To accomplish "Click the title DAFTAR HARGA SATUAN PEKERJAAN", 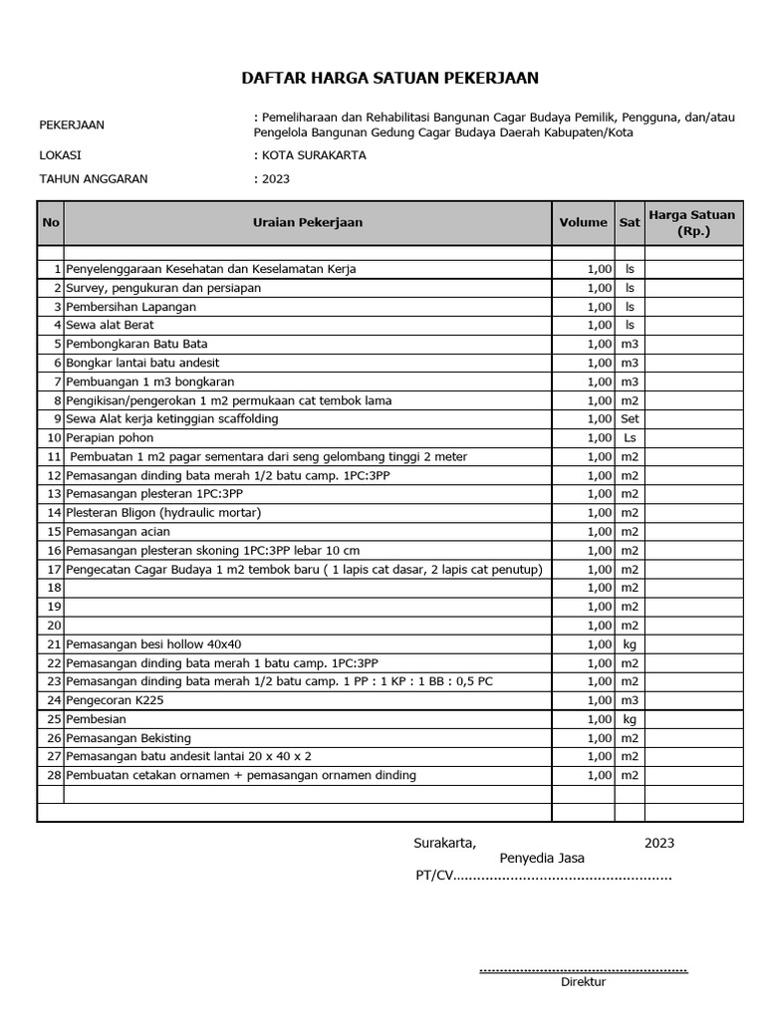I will pyautogui.click(x=390, y=79).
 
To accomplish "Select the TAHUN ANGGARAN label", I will pyautogui.click(x=93, y=179).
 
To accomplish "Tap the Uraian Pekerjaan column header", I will pyautogui.click(x=308, y=222).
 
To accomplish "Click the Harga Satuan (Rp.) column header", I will pyautogui.click(x=692, y=222).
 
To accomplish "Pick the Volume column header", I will pyautogui.click(x=583, y=222).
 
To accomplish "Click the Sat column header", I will pyautogui.click(x=630, y=222).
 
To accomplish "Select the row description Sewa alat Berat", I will pyautogui.click(x=110, y=325).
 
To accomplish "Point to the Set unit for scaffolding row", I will pyautogui.click(x=630, y=419).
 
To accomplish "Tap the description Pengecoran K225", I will pyautogui.click(x=117, y=700).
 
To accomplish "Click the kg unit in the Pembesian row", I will pyautogui.click(x=630, y=719).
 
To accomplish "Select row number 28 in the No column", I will pyautogui.click(x=54, y=775).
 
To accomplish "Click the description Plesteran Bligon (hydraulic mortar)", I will pyautogui.click(x=163, y=513).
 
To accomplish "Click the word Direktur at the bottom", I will pyautogui.click(x=583, y=981).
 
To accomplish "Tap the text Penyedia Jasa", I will pyautogui.click(x=542, y=859).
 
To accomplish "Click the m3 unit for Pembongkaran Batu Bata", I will pyautogui.click(x=630, y=344).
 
